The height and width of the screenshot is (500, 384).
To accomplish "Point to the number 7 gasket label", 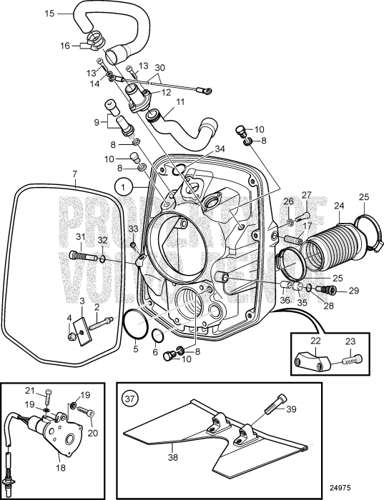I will [x=76, y=174].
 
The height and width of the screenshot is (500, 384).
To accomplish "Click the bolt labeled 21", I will [x=48, y=394].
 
